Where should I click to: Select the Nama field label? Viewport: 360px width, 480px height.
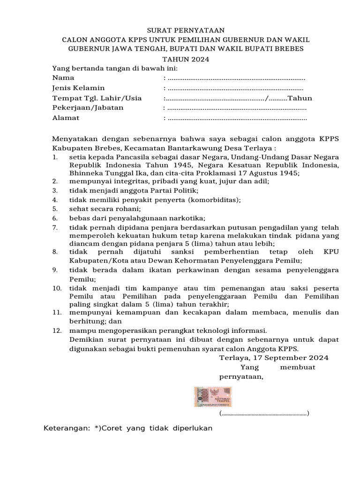click(x=63, y=78)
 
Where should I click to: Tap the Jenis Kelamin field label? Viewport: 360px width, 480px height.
click(x=78, y=88)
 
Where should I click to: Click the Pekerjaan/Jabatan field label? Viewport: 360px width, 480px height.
click(x=88, y=108)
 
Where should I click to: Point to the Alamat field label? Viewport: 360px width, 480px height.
click(x=66, y=118)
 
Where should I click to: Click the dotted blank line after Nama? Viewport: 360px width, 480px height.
click(x=236, y=78)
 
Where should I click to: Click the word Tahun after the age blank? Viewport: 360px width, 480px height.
click(x=300, y=98)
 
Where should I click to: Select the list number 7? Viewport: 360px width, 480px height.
click(x=55, y=227)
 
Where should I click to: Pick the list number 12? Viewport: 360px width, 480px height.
click(x=56, y=330)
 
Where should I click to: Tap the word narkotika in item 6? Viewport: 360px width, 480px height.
click(x=187, y=218)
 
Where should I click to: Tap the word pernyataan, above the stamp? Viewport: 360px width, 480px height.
click(x=241, y=376)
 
